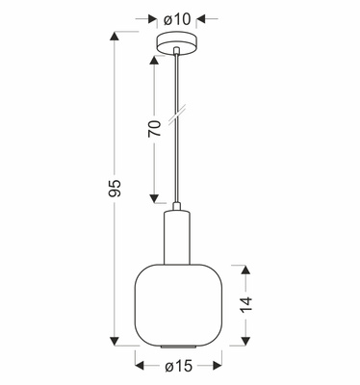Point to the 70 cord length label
pyautogui.click(x=154, y=129)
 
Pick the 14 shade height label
pyautogui.click(x=246, y=302)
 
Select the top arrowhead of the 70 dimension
pyautogui.click(x=154, y=61)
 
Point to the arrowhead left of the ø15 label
pyautogui.click(x=140, y=367)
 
